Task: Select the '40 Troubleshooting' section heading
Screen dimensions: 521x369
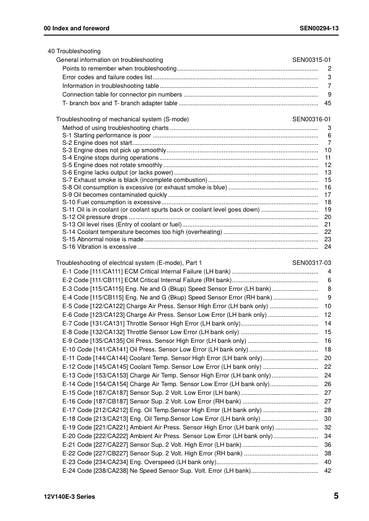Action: click(74, 51)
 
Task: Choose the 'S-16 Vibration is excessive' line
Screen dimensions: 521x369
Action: click(100, 247)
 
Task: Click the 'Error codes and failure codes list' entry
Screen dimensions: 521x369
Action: click(107, 77)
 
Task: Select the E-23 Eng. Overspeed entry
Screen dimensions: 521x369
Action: click(139, 462)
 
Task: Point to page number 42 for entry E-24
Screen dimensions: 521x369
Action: click(328, 471)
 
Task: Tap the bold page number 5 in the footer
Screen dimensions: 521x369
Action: click(335, 496)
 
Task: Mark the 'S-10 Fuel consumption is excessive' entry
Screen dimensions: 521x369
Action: click(111, 202)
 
